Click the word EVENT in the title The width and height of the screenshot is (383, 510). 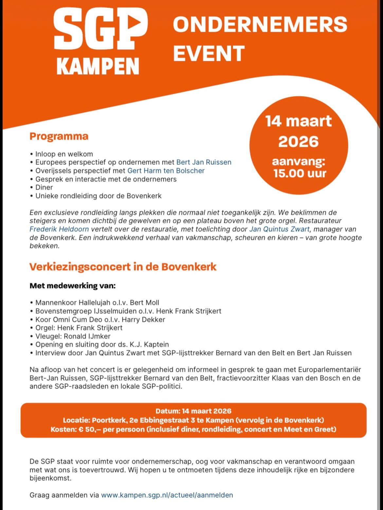point(209,53)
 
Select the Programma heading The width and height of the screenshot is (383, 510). point(59,136)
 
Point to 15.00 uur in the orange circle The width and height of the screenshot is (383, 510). point(300,173)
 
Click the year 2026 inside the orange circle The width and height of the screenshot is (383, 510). point(298,142)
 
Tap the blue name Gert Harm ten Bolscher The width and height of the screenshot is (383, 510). point(166,171)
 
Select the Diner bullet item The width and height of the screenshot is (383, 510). point(44,187)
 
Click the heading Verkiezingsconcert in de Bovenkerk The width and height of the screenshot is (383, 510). point(123,267)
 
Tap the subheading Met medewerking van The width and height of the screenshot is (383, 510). point(73,286)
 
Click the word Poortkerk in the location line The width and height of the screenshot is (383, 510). point(107,420)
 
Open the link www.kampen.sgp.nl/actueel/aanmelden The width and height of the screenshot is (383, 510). point(167,495)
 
